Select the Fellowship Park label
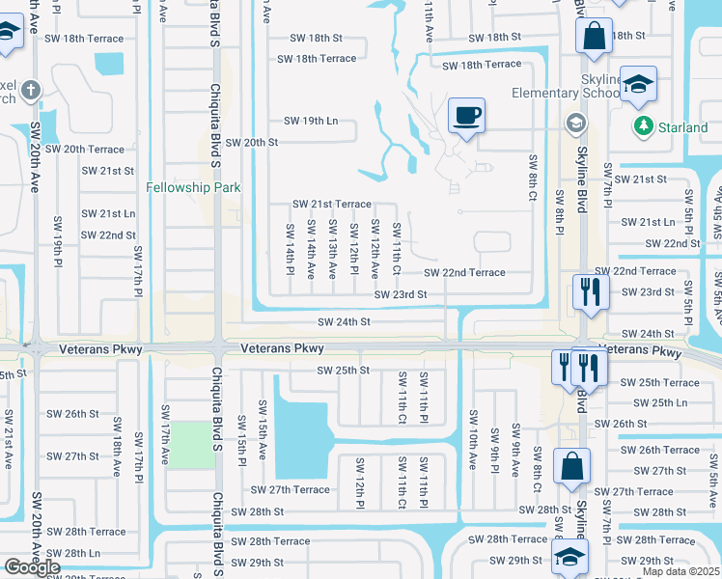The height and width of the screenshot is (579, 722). click(193, 187)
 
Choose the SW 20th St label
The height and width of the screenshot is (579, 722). click(251, 142)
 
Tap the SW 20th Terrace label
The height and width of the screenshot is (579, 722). click(85, 150)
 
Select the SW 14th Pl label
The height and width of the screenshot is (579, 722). click(289, 248)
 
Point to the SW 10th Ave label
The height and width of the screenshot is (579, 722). click(473, 439)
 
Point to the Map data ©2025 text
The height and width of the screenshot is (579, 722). click(680, 571)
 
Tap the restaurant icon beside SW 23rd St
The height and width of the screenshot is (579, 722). click(589, 290)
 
